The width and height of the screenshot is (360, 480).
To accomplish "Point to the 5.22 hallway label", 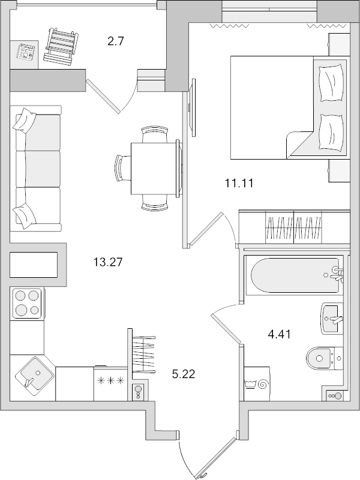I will click(x=183, y=374).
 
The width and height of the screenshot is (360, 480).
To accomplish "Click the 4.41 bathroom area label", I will click(x=278, y=334).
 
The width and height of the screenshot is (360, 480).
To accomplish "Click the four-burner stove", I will click(x=27, y=304).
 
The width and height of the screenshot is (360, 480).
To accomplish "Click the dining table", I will click(x=154, y=167).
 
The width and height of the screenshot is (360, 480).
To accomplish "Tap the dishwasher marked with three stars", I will click(x=110, y=383).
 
